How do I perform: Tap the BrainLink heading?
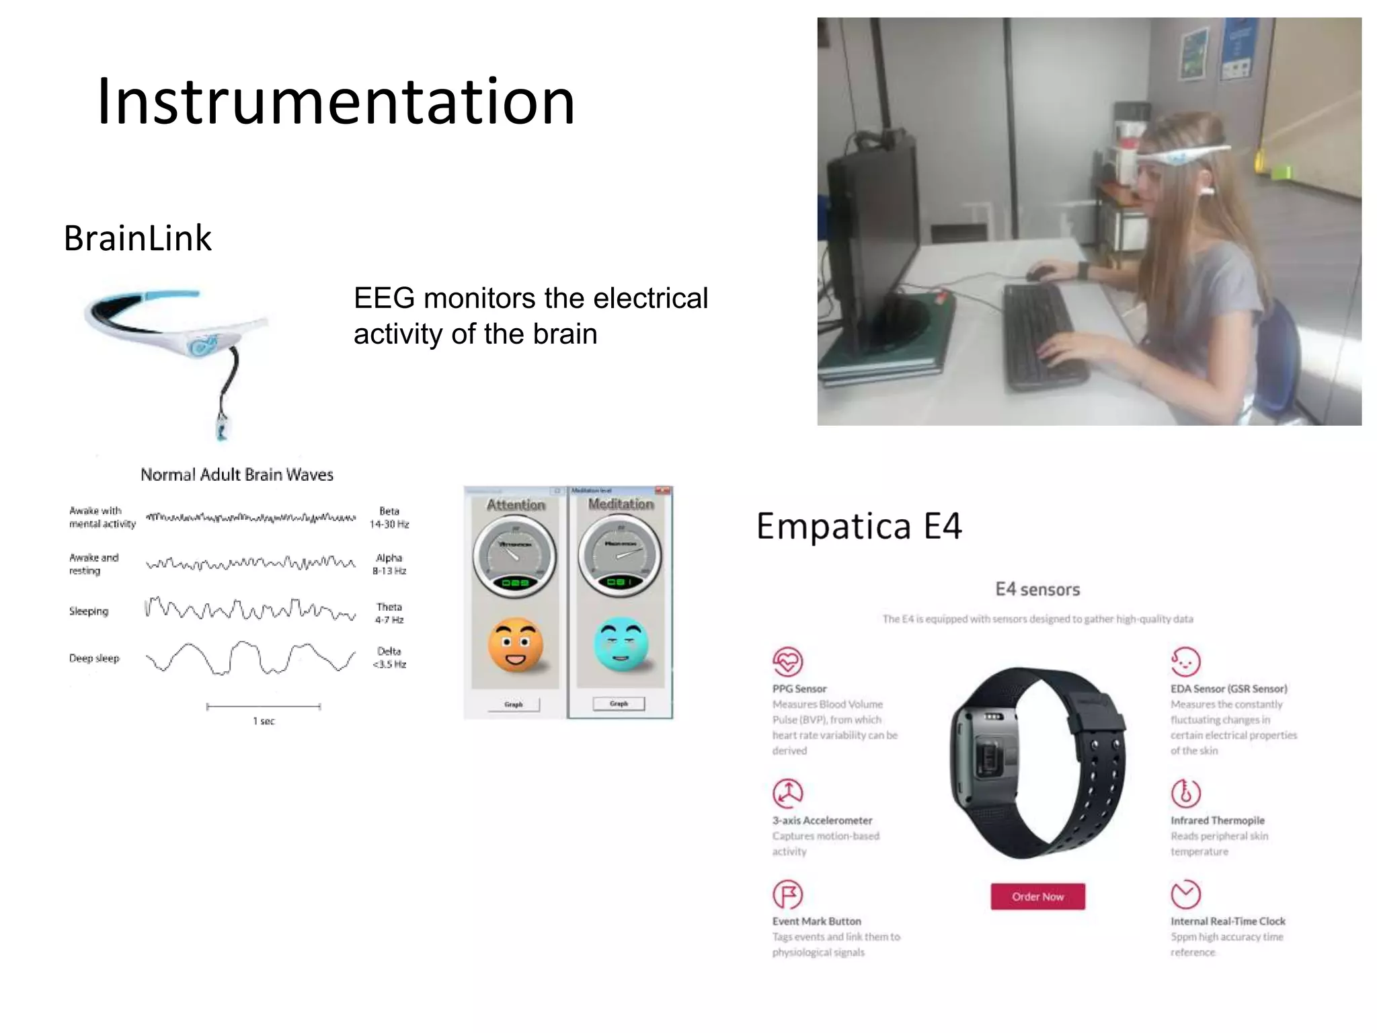[x=138, y=238]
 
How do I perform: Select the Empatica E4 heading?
[x=859, y=526]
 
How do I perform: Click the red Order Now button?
[x=1037, y=896]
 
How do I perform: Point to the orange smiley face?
[x=516, y=645]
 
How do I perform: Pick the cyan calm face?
[x=621, y=644]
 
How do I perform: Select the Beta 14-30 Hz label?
[x=389, y=517]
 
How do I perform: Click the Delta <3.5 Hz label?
[x=389, y=658]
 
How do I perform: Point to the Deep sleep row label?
[x=94, y=658]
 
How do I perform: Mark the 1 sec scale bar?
[x=264, y=707]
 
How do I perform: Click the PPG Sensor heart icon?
[x=787, y=661]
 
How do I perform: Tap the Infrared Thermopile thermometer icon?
[x=1185, y=794]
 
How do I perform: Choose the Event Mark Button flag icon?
[x=787, y=894]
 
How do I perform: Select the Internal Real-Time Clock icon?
[x=1185, y=894]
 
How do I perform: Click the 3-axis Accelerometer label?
[x=822, y=820]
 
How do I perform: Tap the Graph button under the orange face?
[x=513, y=704]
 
